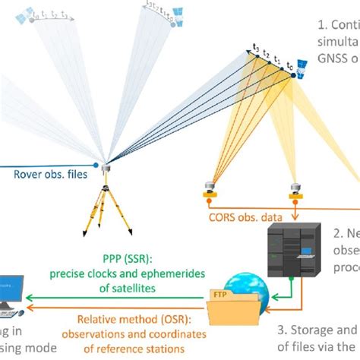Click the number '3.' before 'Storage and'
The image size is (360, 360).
click(284, 329)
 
